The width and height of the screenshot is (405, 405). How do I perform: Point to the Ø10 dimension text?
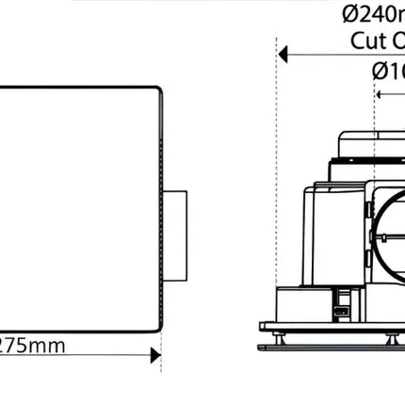click(x=388, y=70)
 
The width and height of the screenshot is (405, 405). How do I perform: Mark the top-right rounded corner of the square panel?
click(x=157, y=94)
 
